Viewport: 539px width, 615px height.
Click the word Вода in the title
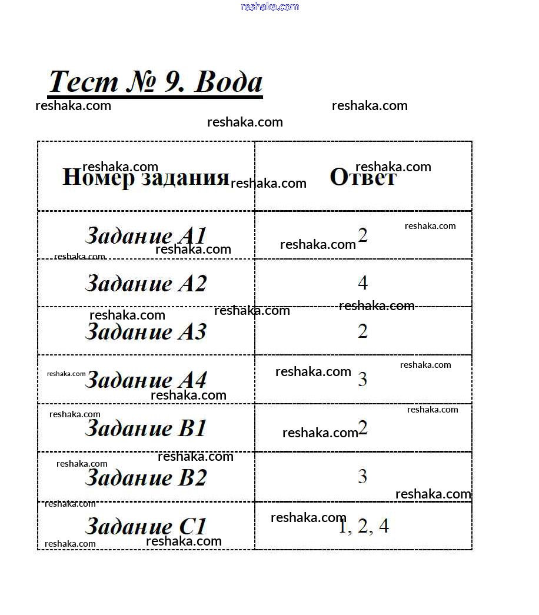coord(228,82)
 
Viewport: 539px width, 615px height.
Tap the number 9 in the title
coord(174,82)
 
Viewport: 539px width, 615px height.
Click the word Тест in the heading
coord(83,82)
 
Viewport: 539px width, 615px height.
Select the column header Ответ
coord(363,177)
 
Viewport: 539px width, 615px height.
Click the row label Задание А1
coord(145,235)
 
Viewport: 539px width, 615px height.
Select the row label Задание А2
coord(145,283)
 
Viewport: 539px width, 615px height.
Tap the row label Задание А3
coord(145,331)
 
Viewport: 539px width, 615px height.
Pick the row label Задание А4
coord(145,380)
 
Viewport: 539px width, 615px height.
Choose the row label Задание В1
coord(145,428)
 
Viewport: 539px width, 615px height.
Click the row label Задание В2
coord(145,477)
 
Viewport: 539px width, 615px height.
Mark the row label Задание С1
coord(145,526)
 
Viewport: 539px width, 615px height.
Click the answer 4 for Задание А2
coord(363,283)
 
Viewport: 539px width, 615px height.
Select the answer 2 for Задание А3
coord(363,331)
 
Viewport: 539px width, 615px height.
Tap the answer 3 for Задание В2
coord(362,477)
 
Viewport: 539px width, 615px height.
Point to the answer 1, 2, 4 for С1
coord(363,526)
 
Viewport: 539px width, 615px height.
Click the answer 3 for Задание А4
coord(362,379)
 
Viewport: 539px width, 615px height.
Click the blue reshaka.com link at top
coord(270,6)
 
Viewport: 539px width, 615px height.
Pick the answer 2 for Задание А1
coord(363,235)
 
